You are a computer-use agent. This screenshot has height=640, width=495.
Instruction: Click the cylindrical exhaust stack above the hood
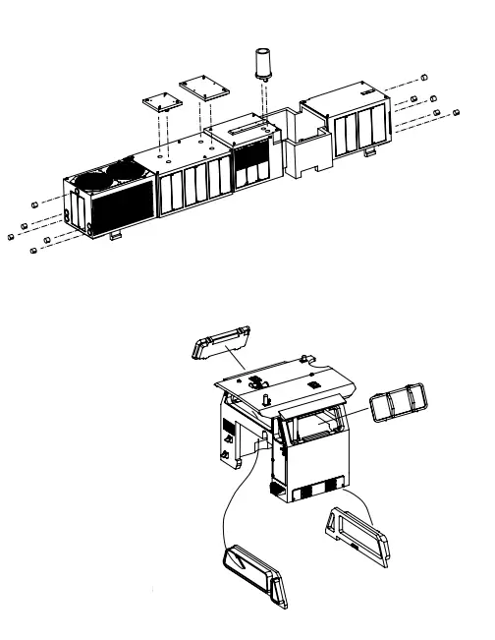[262, 64]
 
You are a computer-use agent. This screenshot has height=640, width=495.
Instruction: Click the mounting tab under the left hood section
[115, 235]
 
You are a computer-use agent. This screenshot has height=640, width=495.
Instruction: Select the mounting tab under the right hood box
[370, 152]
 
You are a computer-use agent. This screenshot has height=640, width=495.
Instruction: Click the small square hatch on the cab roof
[311, 385]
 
